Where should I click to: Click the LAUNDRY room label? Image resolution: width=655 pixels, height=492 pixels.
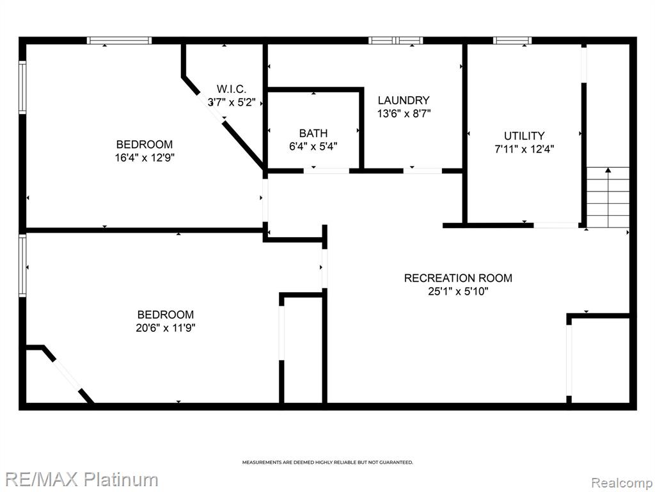click(x=404, y=101)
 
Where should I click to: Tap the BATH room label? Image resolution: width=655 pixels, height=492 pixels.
click(x=313, y=133)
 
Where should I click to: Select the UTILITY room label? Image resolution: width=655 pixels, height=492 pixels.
click(x=525, y=136)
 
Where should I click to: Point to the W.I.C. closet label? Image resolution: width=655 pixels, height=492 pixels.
click(x=232, y=88)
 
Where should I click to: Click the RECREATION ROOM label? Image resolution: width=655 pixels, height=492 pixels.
click(x=458, y=278)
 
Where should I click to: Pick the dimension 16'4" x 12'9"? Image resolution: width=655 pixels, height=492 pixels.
click(x=145, y=158)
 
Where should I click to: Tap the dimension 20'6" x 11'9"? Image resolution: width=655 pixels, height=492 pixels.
click(x=166, y=328)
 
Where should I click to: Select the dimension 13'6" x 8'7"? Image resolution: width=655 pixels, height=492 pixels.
click(x=404, y=113)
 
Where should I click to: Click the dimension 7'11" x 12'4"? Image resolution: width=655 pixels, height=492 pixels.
click(x=525, y=149)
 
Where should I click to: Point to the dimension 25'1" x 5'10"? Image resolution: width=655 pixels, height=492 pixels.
click(x=458, y=291)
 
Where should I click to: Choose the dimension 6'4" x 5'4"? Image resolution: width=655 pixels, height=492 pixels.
click(x=313, y=147)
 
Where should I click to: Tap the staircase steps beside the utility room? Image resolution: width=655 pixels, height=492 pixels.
click(x=608, y=197)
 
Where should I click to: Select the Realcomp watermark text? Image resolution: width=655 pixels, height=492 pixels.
click(x=622, y=483)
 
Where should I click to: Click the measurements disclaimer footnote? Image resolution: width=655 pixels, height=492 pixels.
click(x=327, y=463)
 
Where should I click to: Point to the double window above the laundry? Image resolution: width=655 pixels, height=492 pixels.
click(x=395, y=40)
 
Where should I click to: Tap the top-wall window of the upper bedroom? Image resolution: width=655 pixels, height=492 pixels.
click(x=119, y=40)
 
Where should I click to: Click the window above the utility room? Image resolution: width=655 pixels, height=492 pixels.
click(x=512, y=40)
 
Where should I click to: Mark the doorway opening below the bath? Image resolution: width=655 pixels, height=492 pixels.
click(x=326, y=170)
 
